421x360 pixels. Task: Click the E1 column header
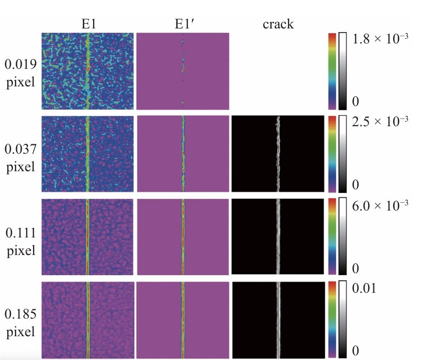coord(88,24)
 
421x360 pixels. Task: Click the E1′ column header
coord(183,24)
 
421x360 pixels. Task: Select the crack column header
coord(278,24)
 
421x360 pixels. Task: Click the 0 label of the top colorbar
coord(355,100)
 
